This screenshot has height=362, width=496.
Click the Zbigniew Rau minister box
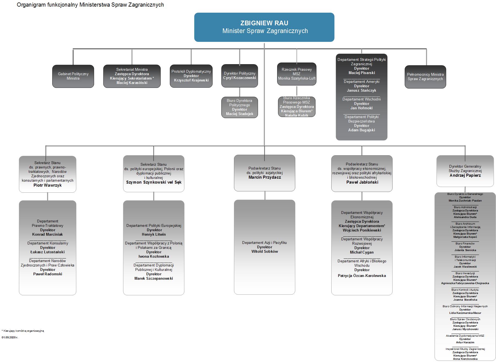coord(264,27)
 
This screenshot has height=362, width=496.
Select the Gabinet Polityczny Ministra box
coord(73,76)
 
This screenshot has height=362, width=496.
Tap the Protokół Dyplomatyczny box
coord(191,76)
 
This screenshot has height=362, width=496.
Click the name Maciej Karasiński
coord(132,83)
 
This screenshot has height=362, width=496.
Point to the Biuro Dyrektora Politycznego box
coord(239,107)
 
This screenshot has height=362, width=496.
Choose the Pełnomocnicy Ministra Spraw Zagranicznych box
coord(425,77)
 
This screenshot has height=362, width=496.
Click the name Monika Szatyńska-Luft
coord(297,78)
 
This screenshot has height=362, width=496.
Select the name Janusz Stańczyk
coord(362,91)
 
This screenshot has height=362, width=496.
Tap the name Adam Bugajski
coord(362,130)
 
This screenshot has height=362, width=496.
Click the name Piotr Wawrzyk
coord(48,185)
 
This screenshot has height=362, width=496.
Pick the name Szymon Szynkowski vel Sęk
coord(154,182)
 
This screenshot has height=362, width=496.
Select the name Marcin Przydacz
coord(264,177)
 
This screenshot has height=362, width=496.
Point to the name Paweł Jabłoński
coord(362,182)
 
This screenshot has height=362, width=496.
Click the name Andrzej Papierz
coord(465,175)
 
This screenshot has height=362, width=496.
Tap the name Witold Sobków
coord(264,252)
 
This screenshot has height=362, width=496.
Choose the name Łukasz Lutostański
coord(48,252)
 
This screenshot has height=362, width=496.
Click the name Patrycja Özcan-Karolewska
coord(362,276)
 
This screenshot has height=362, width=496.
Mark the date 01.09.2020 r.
coord(10,337)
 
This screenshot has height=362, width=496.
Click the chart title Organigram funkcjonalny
coord(90,5)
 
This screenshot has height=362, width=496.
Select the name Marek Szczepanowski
coord(154,279)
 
